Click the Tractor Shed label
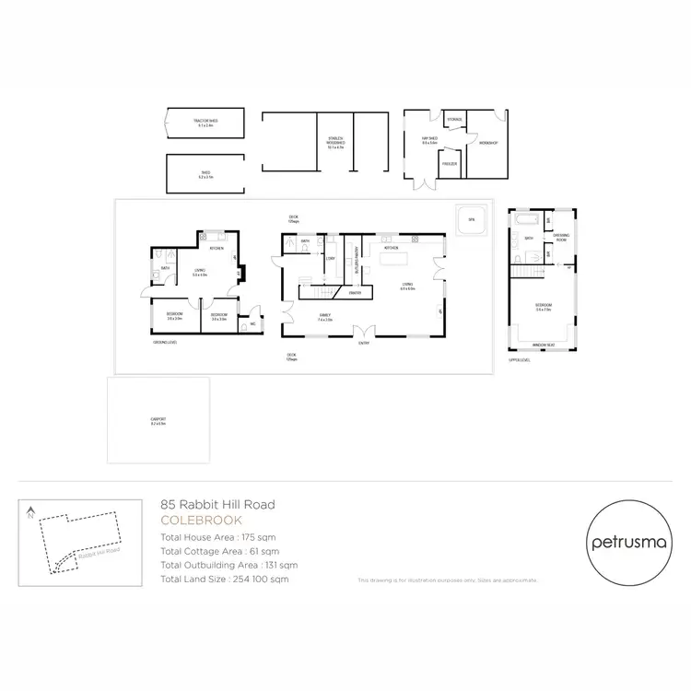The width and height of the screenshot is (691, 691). click(205, 122)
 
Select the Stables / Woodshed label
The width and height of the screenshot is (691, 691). click(334, 143)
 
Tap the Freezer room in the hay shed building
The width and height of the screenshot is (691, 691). click(449, 163)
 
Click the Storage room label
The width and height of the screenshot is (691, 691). click(453, 120)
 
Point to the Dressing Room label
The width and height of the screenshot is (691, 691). click(562, 236)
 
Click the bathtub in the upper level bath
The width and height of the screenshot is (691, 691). click(527, 221)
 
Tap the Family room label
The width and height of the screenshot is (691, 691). click(324, 314)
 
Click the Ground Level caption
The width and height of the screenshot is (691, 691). click(165, 342)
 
